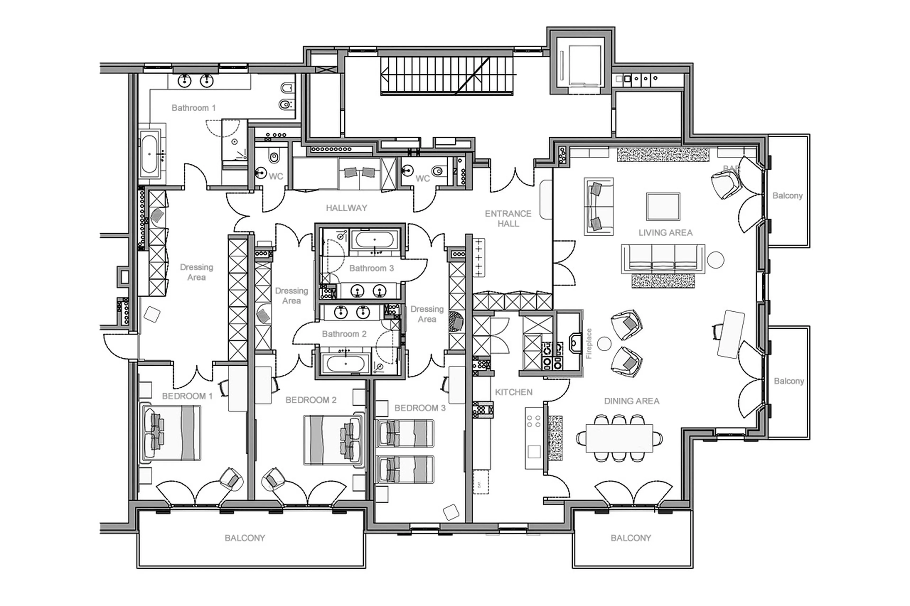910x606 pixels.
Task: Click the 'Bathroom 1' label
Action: [x=193, y=108]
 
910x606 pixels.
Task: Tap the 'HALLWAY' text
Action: [x=346, y=208]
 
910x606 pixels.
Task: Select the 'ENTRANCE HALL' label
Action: [x=508, y=218]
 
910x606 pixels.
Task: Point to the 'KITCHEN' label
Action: [x=514, y=392]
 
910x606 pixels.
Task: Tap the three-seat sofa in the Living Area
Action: [x=663, y=258]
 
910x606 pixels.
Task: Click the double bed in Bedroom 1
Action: [x=171, y=433]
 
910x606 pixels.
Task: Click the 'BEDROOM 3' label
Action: [x=420, y=408]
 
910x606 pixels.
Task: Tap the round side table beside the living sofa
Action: [x=715, y=260]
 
